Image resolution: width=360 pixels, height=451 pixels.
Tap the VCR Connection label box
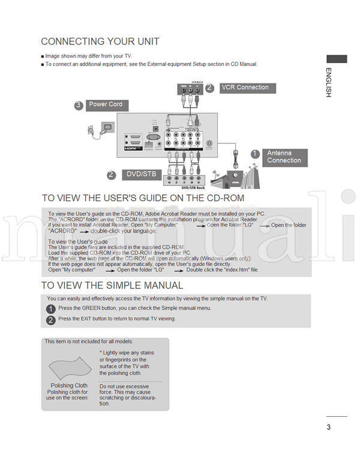click(245, 88)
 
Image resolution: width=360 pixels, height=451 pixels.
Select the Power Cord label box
click(106, 104)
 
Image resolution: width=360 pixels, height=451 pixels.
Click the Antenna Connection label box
click(284, 157)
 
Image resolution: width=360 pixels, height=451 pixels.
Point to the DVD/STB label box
click(140, 175)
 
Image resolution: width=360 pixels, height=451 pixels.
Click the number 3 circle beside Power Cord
click(79, 106)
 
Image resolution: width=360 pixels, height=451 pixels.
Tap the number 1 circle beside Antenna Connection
click(254, 154)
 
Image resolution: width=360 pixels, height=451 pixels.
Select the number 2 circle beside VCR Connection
click(209, 88)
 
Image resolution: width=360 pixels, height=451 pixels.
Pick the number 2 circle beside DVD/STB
click(111, 175)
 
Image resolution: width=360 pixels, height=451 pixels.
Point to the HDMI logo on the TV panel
click(132, 147)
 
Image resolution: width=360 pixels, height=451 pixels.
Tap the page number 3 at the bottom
click(329, 427)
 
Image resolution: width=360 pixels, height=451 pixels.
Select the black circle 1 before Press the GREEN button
click(51, 309)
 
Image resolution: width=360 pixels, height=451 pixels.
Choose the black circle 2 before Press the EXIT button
click(51, 320)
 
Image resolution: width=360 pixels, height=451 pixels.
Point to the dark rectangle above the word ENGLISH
click(336, 59)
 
